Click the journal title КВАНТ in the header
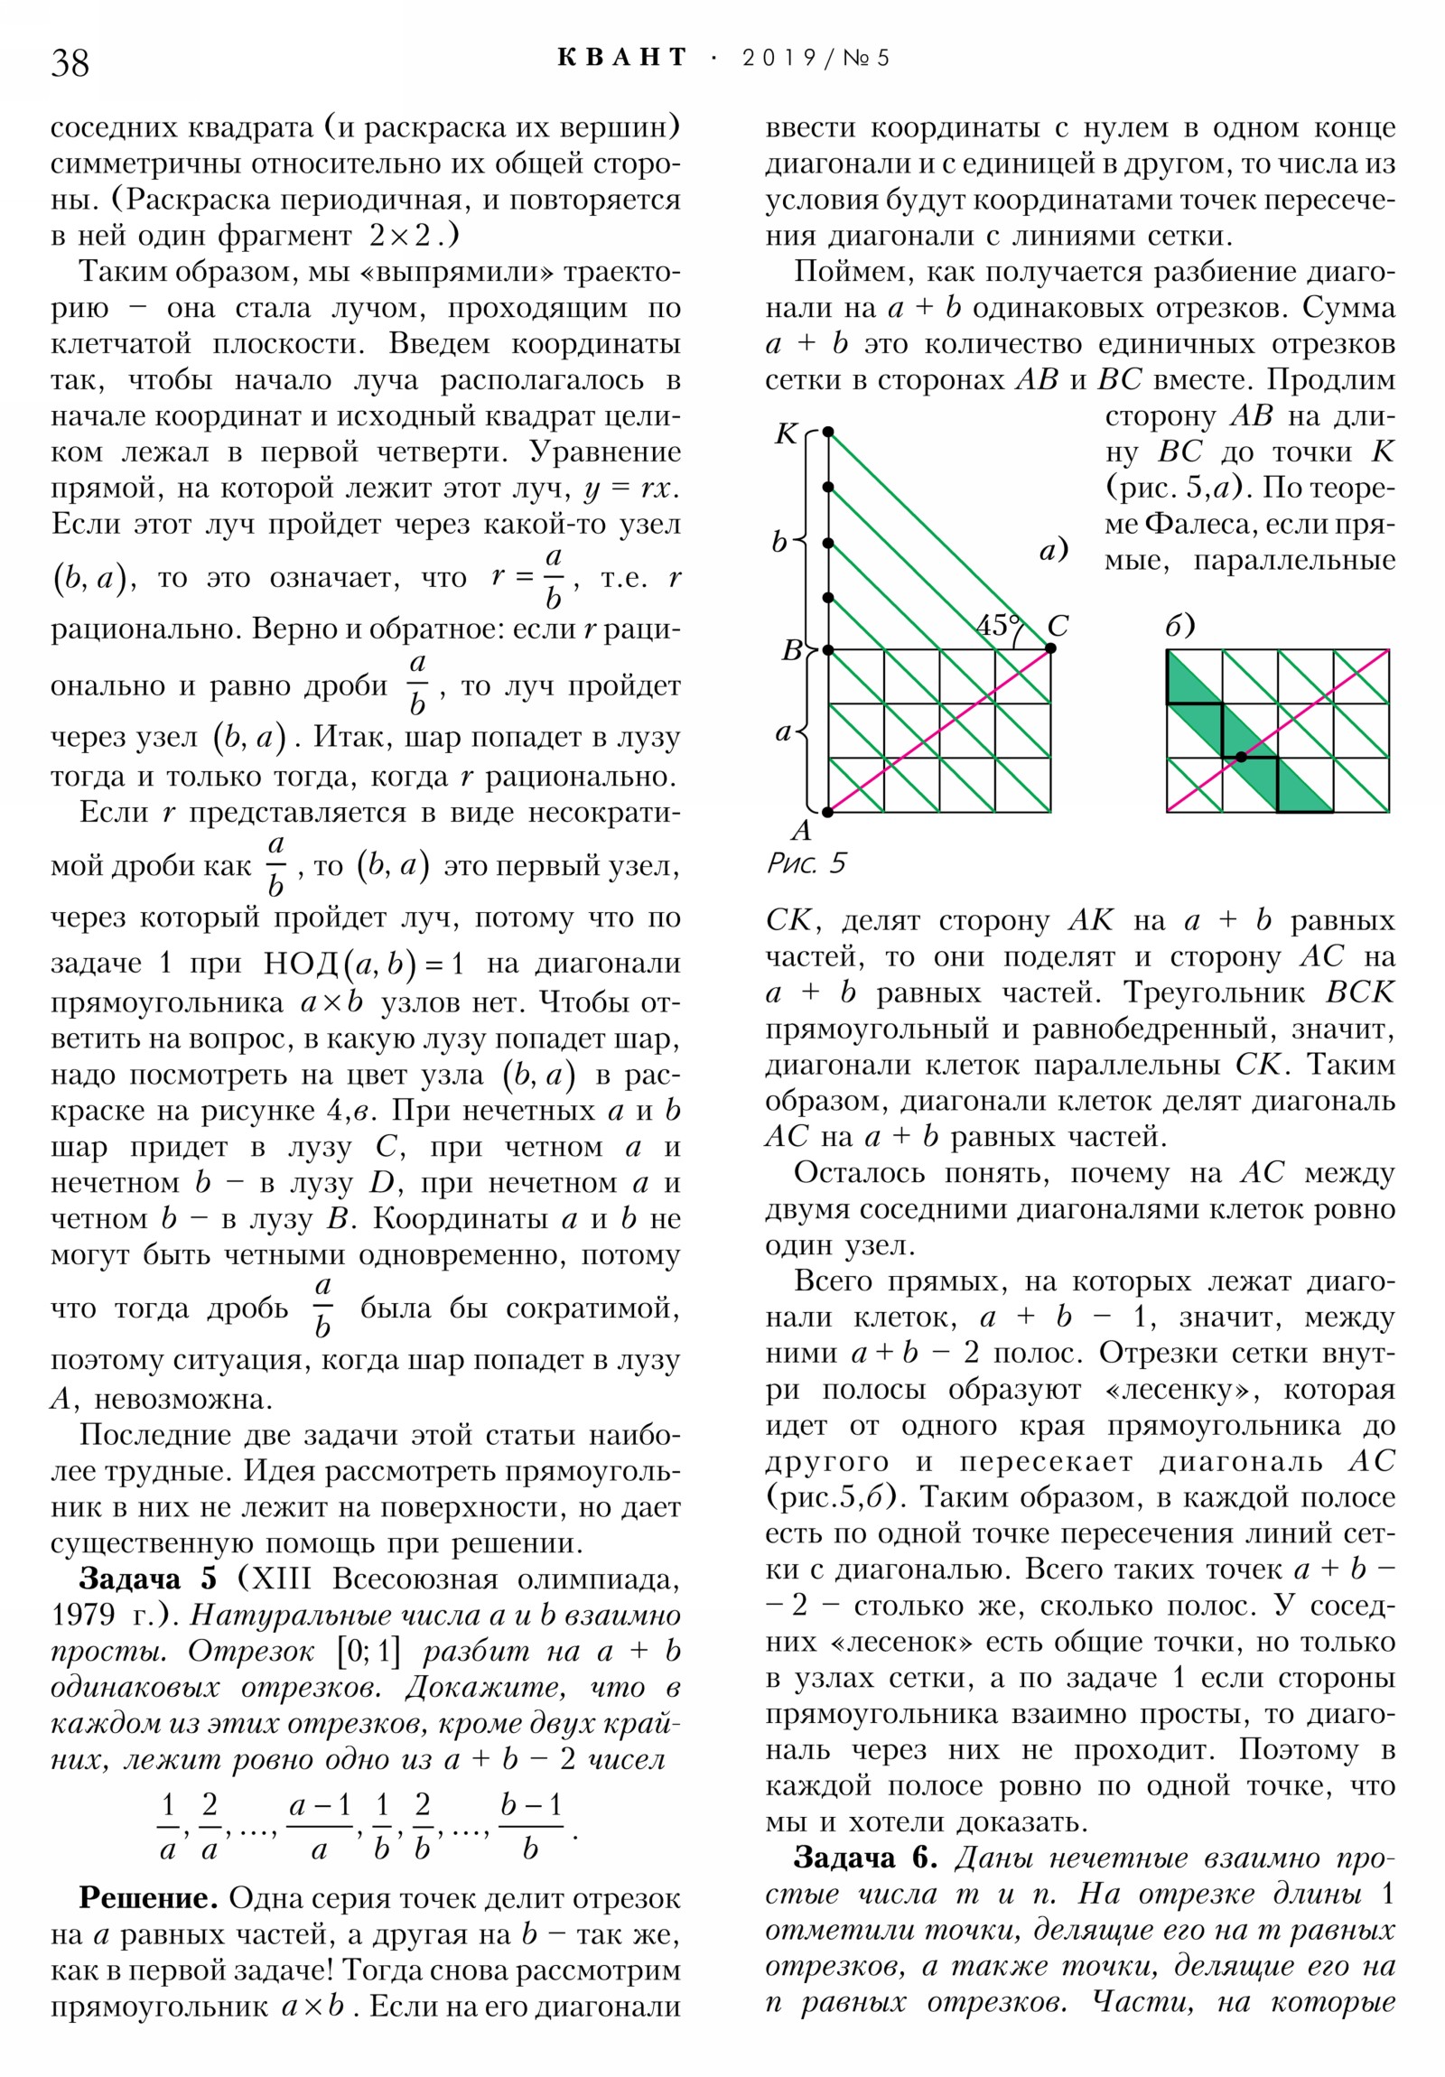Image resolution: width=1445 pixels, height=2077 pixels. click(622, 58)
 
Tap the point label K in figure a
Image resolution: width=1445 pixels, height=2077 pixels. click(786, 434)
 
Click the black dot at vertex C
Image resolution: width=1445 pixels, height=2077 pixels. click(1049, 648)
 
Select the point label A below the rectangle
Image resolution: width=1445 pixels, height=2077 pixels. click(801, 831)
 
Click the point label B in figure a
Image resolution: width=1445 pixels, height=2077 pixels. click(792, 650)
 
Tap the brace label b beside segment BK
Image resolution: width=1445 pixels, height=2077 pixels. click(779, 542)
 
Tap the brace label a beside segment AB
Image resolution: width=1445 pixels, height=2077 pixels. click(784, 731)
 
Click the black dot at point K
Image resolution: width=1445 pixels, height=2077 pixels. click(828, 433)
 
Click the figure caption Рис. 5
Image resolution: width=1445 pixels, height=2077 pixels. click(806, 864)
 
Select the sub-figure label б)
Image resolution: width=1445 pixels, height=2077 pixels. click(1179, 625)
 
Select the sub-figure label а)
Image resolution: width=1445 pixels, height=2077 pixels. click(1053, 549)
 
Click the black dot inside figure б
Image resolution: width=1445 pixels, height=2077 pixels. click(1242, 757)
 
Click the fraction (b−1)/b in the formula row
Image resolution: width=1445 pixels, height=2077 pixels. click(531, 1828)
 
